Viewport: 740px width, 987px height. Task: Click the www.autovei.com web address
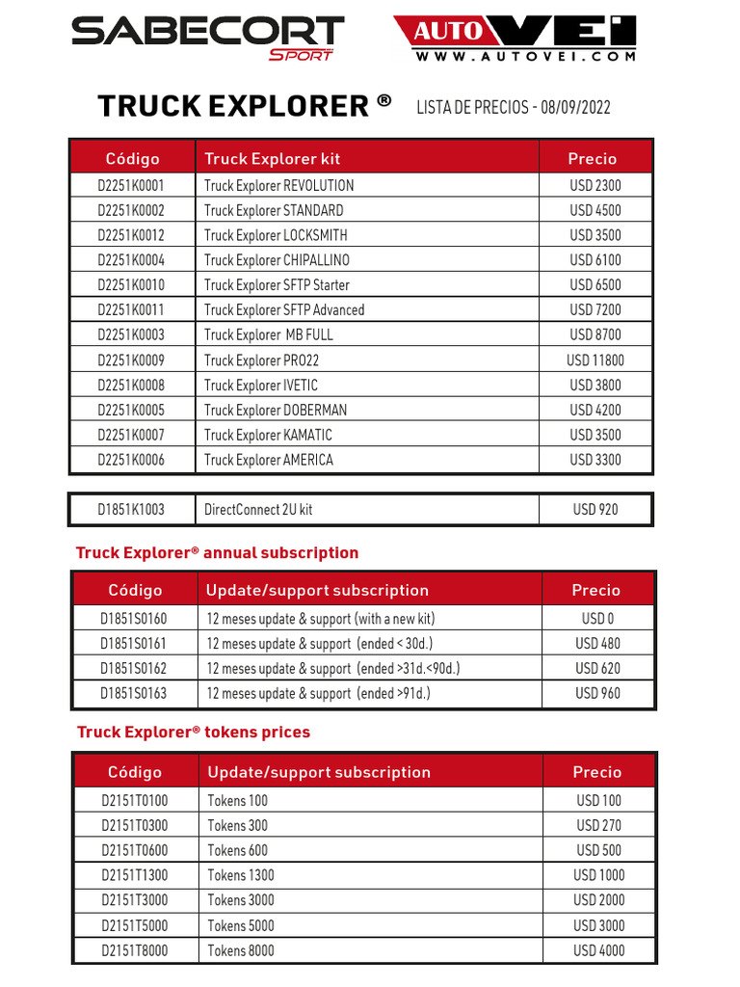tap(526, 57)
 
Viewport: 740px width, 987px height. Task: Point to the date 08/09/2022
tap(574, 107)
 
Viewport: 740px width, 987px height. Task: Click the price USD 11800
tap(595, 360)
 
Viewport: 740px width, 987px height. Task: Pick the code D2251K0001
tap(131, 186)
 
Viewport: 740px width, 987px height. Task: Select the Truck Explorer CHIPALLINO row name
tap(277, 260)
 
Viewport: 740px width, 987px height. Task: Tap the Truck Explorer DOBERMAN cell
tap(276, 410)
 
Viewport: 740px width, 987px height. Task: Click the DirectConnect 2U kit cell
tap(258, 510)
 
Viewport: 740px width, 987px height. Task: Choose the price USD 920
tap(595, 510)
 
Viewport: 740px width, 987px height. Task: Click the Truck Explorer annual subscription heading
tap(217, 553)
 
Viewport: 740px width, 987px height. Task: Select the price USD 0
tap(597, 619)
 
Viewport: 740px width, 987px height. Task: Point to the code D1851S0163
tap(134, 694)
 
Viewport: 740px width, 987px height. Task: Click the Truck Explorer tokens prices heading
tap(194, 733)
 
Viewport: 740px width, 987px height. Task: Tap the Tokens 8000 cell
tap(240, 950)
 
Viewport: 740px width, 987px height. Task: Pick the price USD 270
tap(598, 826)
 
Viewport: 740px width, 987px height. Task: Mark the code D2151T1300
tap(135, 875)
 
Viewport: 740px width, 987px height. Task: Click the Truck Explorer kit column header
tap(272, 159)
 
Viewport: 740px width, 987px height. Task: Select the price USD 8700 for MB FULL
tap(595, 335)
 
